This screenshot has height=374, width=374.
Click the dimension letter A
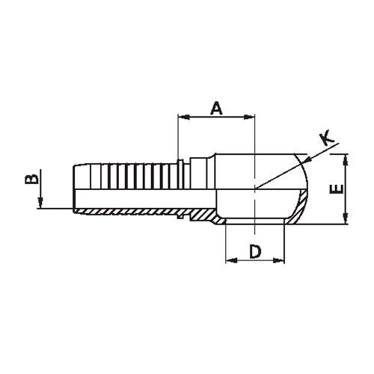pyautogui.click(x=217, y=108)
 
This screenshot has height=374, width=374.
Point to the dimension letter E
pyautogui.click(x=337, y=188)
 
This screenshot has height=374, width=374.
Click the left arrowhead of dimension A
pyautogui.click(x=181, y=117)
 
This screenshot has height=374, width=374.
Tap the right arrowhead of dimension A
pyautogui.click(x=252, y=117)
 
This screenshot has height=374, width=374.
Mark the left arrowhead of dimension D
pyautogui.click(x=229, y=260)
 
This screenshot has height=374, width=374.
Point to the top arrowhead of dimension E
pyautogui.click(x=346, y=158)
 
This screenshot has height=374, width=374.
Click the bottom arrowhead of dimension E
pyautogui.click(x=346, y=220)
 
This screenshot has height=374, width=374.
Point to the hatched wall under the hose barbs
pyautogui.click(x=127, y=211)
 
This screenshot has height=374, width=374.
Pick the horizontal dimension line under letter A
pyautogui.click(x=217, y=117)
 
